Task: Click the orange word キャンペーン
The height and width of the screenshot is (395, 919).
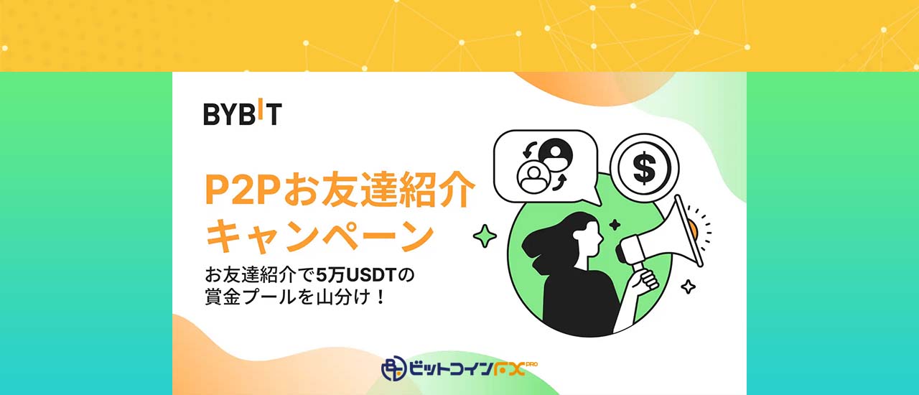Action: [x=319, y=236]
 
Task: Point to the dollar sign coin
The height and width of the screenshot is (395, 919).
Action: [x=644, y=167]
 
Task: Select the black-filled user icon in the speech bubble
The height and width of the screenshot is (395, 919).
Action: [x=555, y=154]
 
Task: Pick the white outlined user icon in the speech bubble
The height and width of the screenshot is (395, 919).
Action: [x=533, y=177]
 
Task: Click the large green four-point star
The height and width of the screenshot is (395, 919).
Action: [x=485, y=236]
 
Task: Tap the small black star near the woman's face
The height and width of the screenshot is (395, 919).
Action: [x=615, y=225]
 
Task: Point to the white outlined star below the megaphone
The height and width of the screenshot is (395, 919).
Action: [x=688, y=286]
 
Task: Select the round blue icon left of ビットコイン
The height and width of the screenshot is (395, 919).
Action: [x=393, y=368]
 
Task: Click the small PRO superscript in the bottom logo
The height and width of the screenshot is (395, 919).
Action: [x=531, y=364]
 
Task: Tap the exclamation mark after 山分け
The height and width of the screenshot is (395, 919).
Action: [x=381, y=297]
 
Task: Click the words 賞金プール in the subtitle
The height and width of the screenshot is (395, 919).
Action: [x=251, y=297]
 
